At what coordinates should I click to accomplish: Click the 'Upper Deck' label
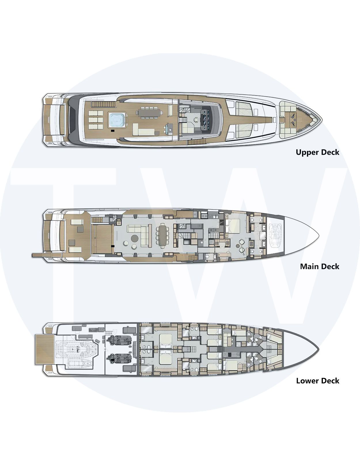[318, 152]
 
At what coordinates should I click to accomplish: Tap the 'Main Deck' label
[320, 267]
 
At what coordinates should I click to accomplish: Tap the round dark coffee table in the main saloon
[135, 238]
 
